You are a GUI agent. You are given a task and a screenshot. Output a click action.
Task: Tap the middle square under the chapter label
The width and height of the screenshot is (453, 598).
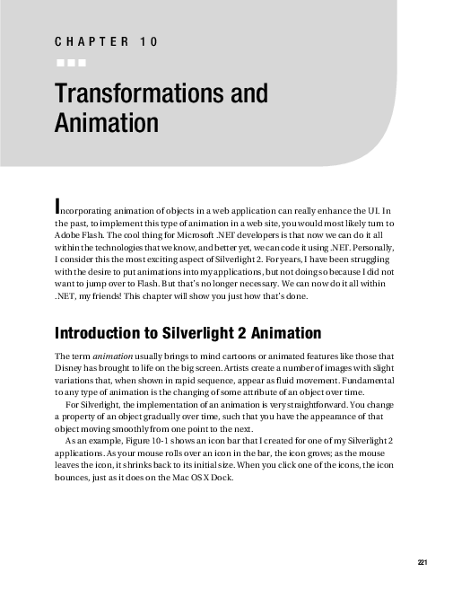[x=71, y=63]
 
